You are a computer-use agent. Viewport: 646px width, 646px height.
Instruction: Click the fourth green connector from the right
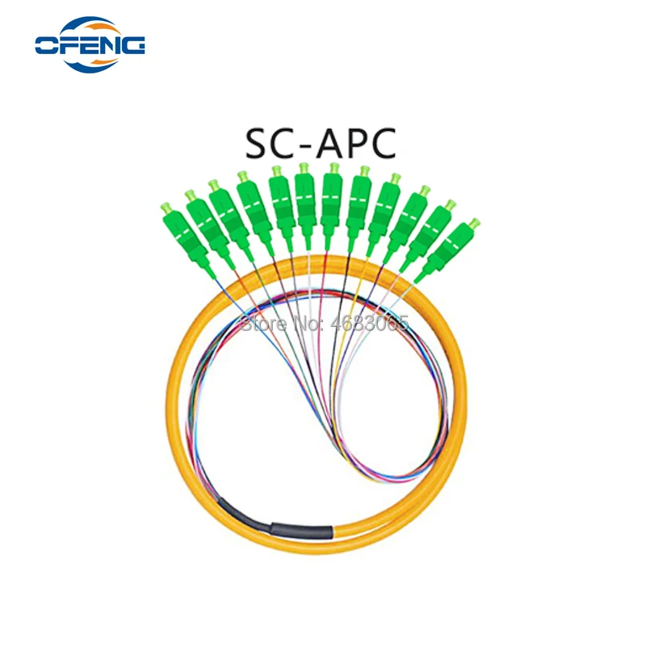(x=383, y=215)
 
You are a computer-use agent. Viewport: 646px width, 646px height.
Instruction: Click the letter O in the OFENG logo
(x=49, y=44)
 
